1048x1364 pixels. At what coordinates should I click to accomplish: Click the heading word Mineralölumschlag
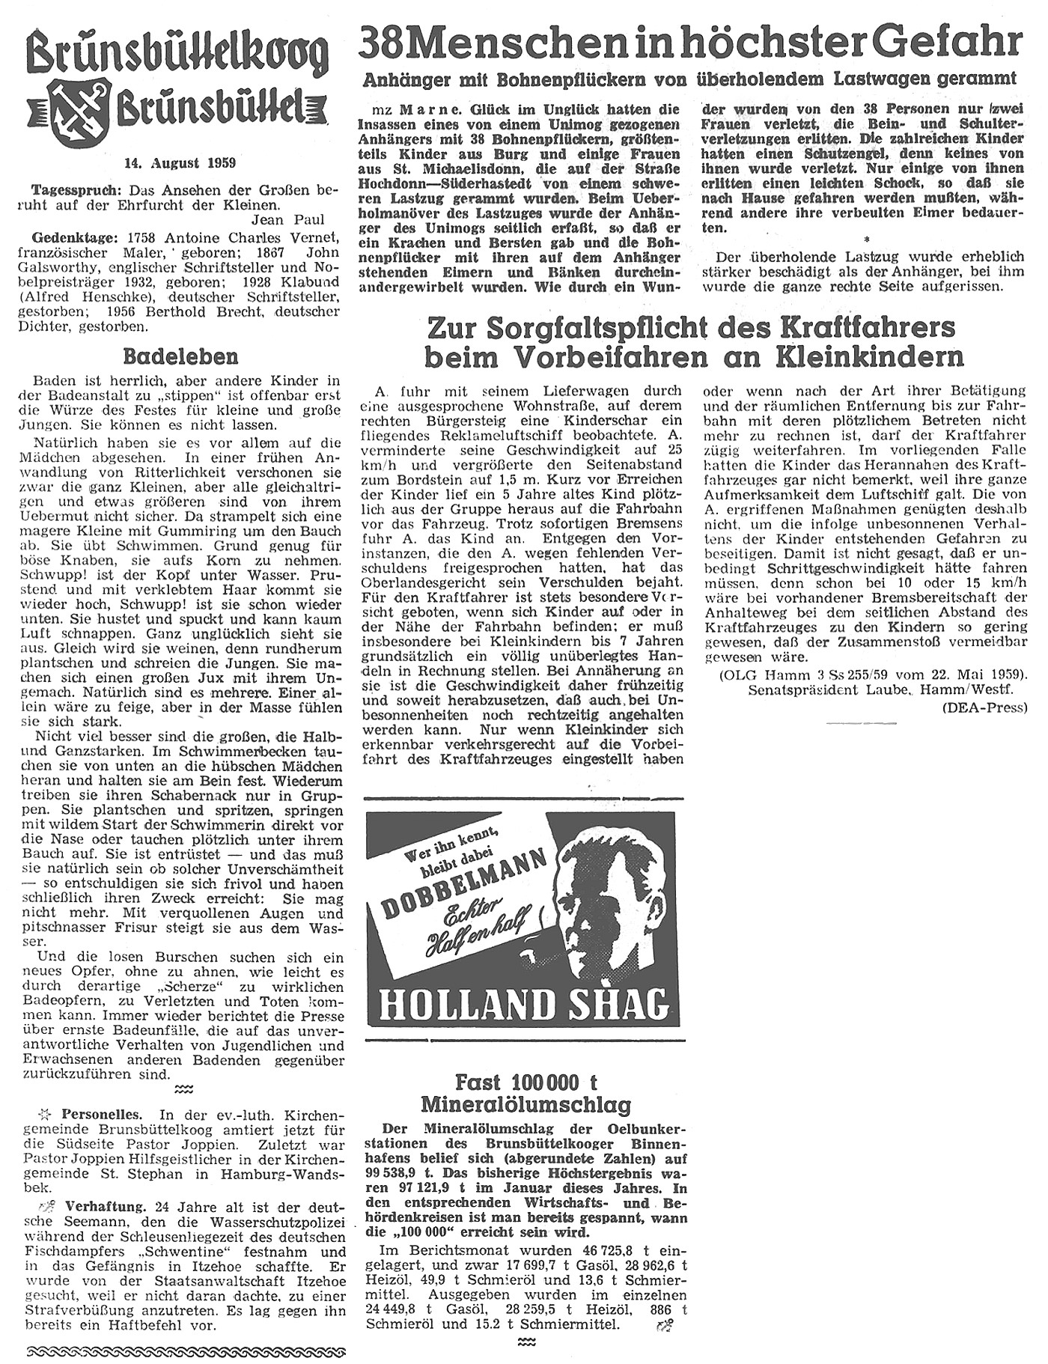[x=525, y=1105]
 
